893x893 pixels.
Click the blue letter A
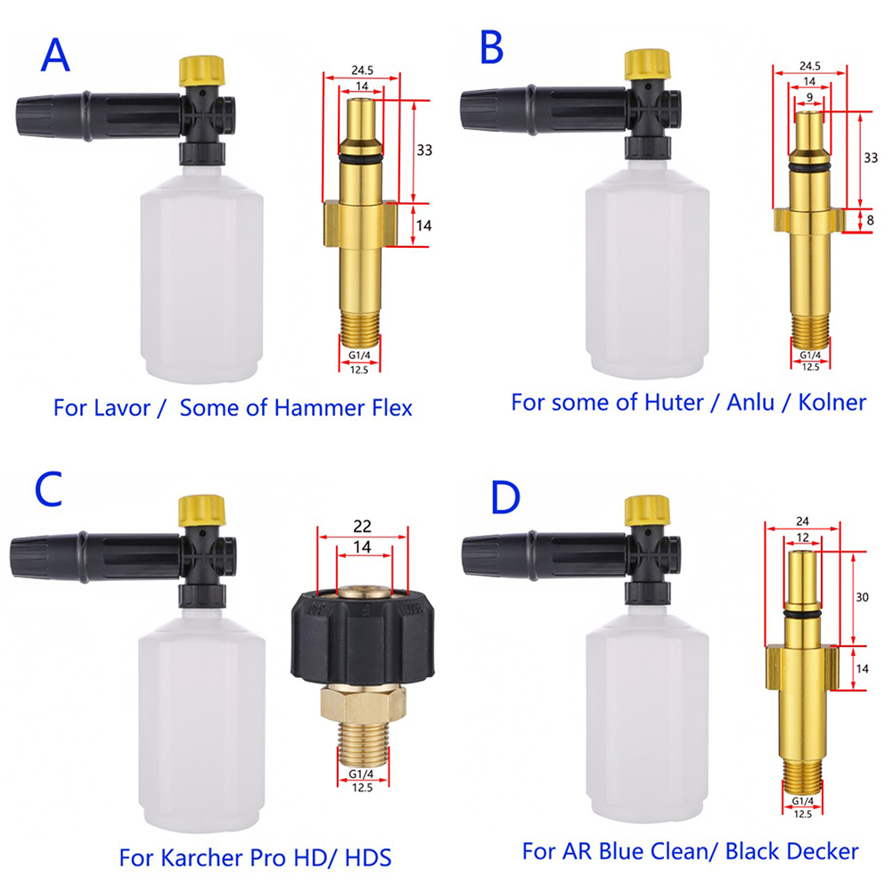tap(55, 55)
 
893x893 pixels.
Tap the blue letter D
tap(505, 497)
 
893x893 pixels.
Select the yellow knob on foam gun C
tap(202, 511)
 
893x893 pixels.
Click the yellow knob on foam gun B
tap(648, 64)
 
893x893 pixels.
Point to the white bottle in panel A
tap(201, 274)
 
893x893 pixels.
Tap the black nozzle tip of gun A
tap(34, 117)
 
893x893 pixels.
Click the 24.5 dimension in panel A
tap(362, 70)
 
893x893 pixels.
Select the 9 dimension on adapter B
tap(810, 98)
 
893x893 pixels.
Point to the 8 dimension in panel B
tap(870, 220)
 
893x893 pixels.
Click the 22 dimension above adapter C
tap(362, 526)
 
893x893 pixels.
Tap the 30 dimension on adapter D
tap(862, 597)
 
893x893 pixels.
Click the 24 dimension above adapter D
tap(802, 521)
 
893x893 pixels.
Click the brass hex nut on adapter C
tap(363, 703)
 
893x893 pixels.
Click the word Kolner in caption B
tap(832, 402)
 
